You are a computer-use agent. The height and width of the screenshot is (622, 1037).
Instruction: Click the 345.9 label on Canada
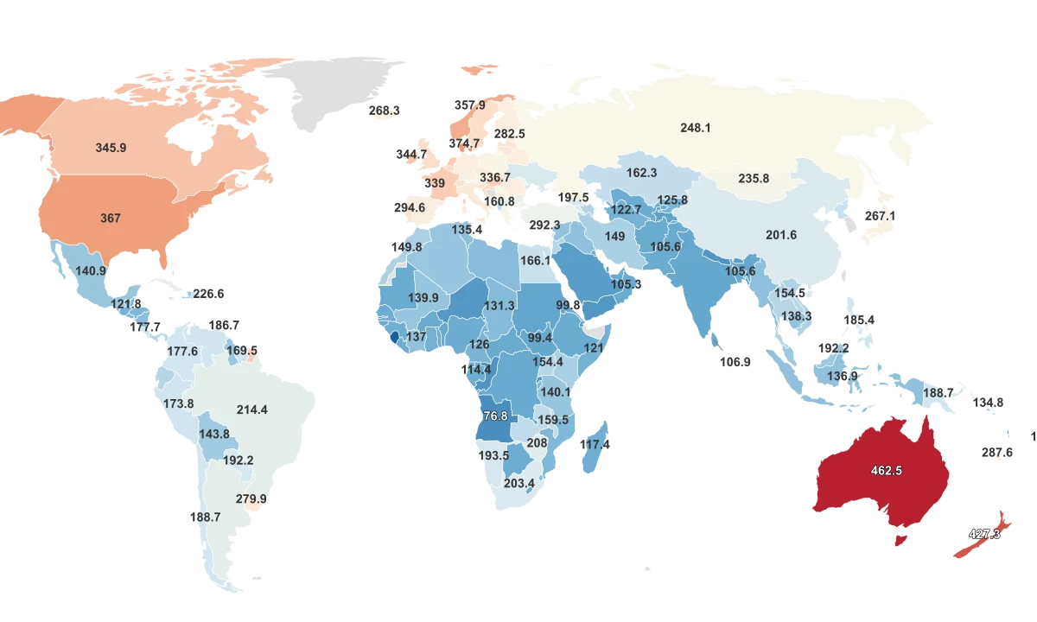pyautogui.click(x=111, y=148)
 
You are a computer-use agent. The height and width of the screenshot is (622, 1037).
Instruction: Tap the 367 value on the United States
pyautogui.click(x=111, y=219)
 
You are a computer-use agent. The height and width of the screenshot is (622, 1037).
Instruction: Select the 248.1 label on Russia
pyautogui.click(x=695, y=128)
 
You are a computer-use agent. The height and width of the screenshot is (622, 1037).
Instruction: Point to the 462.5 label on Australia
pyautogui.click(x=887, y=471)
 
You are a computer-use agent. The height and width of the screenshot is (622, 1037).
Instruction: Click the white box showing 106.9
pyautogui.click(x=735, y=363)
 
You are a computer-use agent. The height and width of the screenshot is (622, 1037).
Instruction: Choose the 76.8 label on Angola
pyautogui.click(x=494, y=416)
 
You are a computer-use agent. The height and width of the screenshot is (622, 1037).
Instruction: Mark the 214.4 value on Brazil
pyautogui.click(x=251, y=409)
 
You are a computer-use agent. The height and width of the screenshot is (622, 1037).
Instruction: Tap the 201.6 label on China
pyautogui.click(x=781, y=235)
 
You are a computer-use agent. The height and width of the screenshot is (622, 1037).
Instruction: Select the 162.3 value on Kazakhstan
pyautogui.click(x=641, y=173)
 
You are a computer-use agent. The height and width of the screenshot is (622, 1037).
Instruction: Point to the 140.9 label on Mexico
pyautogui.click(x=91, y=270)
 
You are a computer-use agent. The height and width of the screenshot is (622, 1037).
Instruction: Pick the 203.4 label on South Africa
pyautogui.click(x=519, y=483)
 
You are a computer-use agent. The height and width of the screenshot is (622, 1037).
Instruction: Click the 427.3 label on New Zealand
pyautogui.click(x=984, y=534)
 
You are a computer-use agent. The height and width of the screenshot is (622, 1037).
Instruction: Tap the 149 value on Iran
pyautogui.click(x=614, y=236)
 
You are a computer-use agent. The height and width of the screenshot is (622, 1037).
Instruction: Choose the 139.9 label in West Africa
pyautogui.click(x=423, y=297)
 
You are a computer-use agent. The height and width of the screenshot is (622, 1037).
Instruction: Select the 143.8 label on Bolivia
pyautogui.click(x=214, y=434)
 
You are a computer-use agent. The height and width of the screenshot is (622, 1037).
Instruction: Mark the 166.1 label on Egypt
pyautogui.click(x=535, y=260)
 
